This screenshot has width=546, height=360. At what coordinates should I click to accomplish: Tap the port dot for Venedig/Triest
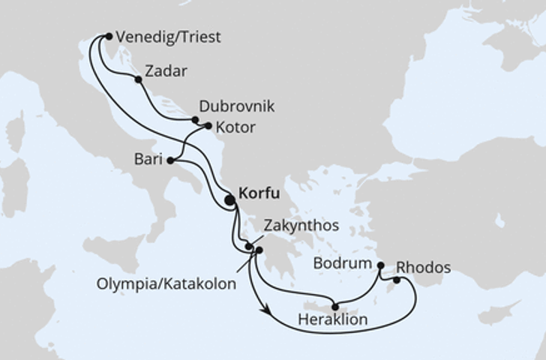[x=109, y=36]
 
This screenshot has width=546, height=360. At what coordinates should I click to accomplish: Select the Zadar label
[x=166, y=72]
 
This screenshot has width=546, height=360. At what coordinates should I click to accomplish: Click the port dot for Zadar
[x=138, y=79]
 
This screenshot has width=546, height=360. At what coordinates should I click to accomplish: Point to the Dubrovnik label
[x=237, y=106]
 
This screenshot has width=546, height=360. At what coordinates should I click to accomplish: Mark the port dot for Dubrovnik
[x=195, y=119]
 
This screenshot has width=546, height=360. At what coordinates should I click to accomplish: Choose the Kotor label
[x=235, y=127]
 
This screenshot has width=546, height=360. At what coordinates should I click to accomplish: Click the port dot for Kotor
[x=208, y=126]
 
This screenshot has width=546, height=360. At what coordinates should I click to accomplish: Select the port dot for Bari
[x=170, y=160]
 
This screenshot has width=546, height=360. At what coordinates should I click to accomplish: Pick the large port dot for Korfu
[x=229, y=199]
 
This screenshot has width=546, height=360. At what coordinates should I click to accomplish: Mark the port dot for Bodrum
[x=380, y=265]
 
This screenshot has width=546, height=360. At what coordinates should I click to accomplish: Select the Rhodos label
[x=424, y=268]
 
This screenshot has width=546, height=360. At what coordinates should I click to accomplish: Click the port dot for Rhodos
[x=397, y=280]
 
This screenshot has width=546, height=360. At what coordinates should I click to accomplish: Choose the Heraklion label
[x=332, y=319]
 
